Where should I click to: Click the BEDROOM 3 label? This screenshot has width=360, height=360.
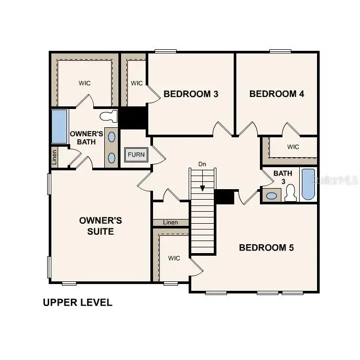point(191,94)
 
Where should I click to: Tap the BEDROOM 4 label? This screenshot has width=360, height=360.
point(277,94)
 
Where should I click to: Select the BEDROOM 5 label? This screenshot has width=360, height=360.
point(266,247)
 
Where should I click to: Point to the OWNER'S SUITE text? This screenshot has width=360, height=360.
point(101,225)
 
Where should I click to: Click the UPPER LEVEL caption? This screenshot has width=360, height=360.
point(78,302)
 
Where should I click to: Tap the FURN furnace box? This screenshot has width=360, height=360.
point(136,155)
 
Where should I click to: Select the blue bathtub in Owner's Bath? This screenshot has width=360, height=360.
point(59,126)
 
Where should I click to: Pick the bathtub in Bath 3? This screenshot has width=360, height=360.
point(308,184)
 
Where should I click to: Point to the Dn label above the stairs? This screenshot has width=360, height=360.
point(202,164)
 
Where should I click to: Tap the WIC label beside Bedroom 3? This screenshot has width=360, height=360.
point(137,83)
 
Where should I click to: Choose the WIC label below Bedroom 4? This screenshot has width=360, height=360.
point(293,147)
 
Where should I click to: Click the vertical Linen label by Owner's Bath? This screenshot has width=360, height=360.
point(54,157)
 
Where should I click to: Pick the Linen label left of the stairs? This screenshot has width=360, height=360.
point(170,223)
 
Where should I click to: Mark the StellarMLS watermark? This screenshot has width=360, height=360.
point(334,180)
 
